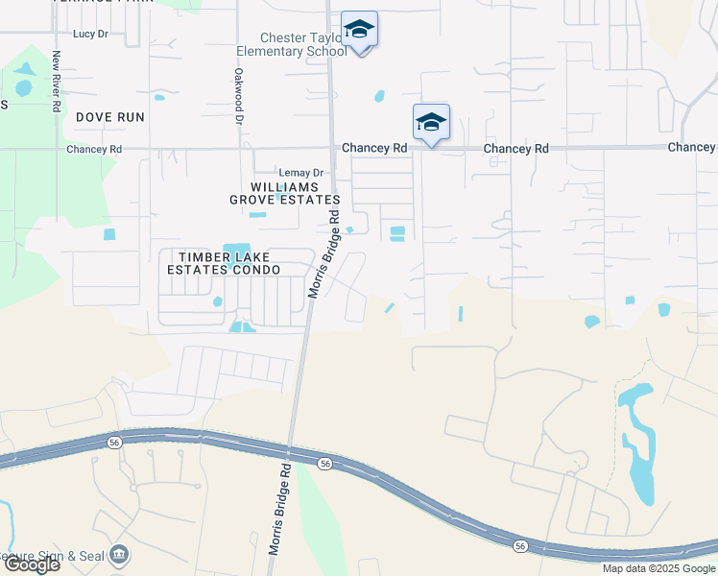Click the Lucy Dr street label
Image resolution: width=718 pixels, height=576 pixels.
89,34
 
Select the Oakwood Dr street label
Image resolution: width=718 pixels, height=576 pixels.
237,95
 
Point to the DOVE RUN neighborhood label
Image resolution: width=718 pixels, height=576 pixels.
110,117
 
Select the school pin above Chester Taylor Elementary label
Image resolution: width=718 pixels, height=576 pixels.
360,31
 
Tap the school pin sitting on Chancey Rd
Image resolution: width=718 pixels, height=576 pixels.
432,123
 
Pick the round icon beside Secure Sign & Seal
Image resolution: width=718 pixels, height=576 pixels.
119,555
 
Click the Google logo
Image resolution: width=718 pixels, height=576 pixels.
32,564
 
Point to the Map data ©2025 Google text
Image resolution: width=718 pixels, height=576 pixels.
659,568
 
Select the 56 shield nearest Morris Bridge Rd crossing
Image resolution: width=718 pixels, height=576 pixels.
325,464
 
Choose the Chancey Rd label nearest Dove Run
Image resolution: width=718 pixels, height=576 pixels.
94,150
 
